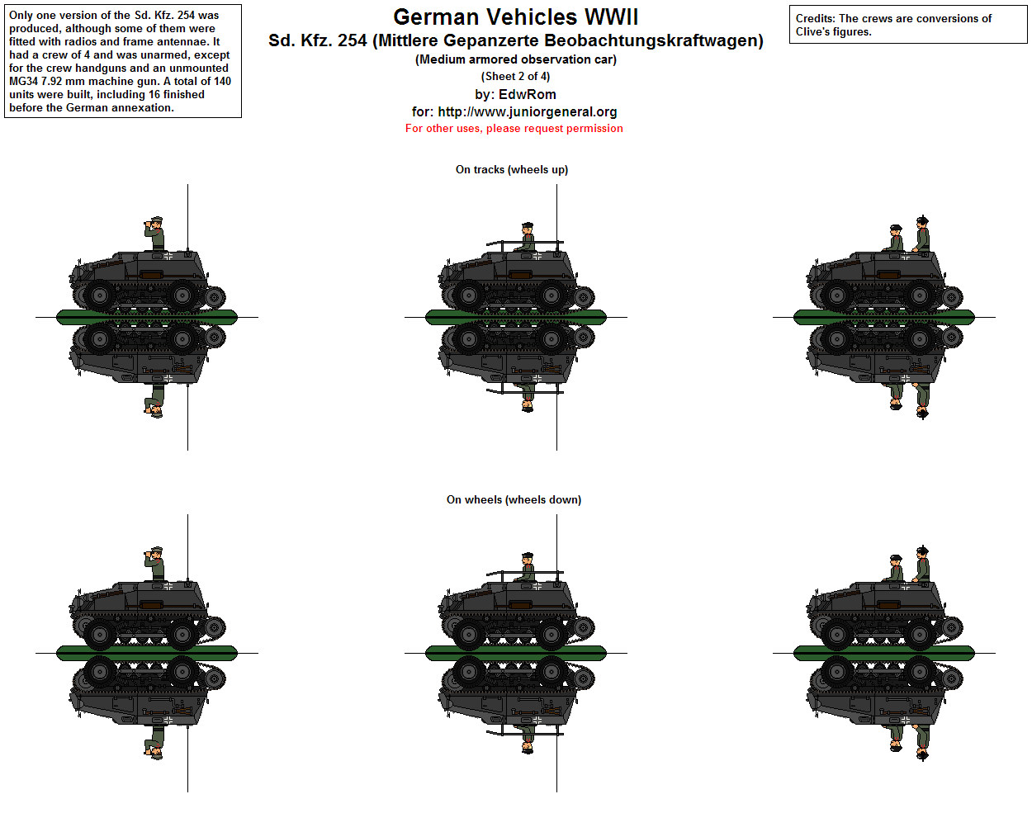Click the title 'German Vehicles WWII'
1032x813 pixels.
515,17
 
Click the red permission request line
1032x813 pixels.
514,129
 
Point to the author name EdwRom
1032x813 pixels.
527,94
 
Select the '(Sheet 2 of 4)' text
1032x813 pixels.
515,76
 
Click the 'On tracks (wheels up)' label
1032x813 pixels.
512,170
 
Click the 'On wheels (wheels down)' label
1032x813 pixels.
514,500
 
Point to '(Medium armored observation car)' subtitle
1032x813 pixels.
515,59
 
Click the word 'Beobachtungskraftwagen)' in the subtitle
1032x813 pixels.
654,40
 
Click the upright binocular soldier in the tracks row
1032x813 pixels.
155,234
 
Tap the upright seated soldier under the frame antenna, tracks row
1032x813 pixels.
526,237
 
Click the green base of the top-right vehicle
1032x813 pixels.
884,317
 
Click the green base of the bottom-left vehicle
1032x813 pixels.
147,653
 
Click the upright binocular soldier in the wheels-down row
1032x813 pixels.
155,564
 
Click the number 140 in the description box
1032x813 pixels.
222,82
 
